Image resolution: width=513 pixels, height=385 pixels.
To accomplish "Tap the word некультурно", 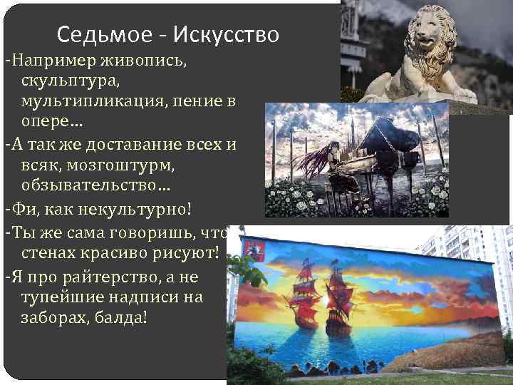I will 127,211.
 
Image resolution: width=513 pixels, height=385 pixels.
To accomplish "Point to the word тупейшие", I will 60,295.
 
